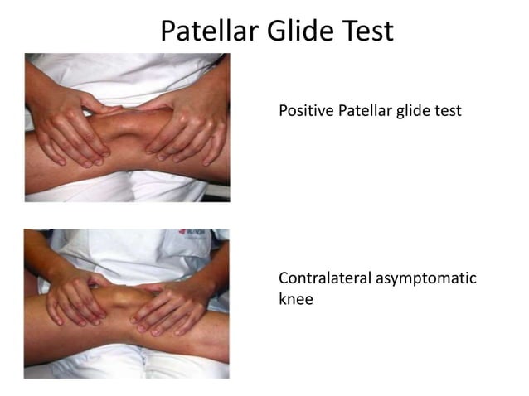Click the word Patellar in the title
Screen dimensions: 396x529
click(213, 31)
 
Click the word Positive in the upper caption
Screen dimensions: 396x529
click(307, 111)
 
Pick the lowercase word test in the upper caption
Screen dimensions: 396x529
click(449, 111)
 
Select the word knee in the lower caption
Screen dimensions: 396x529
click(296, 299)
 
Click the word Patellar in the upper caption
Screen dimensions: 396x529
click(370, 111)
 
